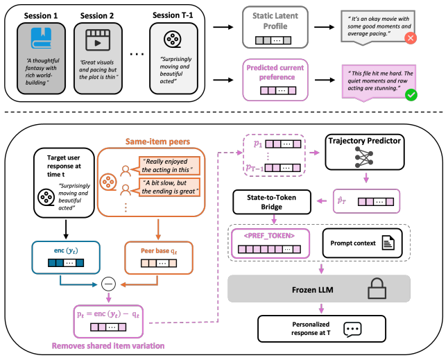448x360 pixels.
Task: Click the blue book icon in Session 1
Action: point(42,37)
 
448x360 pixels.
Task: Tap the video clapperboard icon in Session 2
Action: point(98,40)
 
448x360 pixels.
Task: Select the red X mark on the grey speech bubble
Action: point(411,38)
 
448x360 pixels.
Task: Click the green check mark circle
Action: point(411,95)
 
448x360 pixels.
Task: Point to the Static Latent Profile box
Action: point(275,27)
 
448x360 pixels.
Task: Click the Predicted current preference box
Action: point(275,80)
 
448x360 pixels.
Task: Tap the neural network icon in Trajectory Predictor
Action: point(364,157)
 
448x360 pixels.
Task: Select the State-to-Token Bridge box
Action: point(272,202)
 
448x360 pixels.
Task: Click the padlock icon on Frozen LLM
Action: point(377,289)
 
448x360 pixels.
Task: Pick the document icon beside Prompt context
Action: point(388,243)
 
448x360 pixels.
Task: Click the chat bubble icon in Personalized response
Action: point(352,329)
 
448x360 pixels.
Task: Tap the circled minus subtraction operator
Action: point(109,284)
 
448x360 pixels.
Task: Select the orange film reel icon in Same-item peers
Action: point(108,182)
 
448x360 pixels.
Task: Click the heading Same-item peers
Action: point(157,142)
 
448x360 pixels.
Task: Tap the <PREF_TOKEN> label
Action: point(269,236)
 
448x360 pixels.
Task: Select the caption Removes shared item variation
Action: point(108,346)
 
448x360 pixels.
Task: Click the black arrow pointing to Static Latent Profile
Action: point(223,27)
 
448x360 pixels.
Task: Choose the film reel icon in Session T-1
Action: point(173,39)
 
